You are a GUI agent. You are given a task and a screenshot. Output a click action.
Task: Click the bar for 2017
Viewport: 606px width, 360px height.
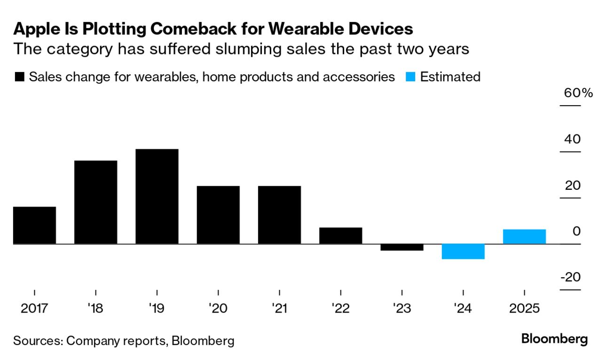click(x=34, y=225)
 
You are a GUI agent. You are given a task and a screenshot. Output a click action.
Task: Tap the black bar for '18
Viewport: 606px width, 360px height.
click(x=95, y=202)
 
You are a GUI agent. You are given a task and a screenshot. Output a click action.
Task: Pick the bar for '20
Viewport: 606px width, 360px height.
click(x=218, y=215)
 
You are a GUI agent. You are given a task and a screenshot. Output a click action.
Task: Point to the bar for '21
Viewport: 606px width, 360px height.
click(x=279, y=215)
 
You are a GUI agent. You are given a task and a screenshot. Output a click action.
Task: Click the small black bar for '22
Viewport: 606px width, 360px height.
click(x=340, y=235)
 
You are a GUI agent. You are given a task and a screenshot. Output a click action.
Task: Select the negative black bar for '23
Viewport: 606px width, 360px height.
click(x=401, y=247)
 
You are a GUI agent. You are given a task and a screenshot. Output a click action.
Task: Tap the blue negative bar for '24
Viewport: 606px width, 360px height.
click(x=463, y=251)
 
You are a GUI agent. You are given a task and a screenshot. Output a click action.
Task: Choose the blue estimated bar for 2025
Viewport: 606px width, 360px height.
click(x=524, y=236)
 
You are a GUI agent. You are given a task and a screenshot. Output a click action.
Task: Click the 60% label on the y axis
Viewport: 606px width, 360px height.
click(x=578, y=93)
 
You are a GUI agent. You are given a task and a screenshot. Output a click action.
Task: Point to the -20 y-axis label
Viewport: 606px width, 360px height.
click(x=570, y=277)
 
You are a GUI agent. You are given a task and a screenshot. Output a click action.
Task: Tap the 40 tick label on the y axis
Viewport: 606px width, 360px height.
click(x=573, y=139)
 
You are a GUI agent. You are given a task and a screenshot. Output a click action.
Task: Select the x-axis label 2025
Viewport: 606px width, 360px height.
click(x=524, y=309)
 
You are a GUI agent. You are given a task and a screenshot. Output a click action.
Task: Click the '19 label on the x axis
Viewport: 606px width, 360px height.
click(x=157, y=309)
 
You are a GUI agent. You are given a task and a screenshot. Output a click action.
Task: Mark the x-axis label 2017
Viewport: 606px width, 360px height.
click(x=34, y=309)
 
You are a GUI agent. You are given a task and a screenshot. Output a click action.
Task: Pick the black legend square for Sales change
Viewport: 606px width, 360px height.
click(x=20, y=77)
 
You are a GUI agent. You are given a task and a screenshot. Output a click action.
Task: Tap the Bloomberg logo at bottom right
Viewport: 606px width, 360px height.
click(x=555, y=339)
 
